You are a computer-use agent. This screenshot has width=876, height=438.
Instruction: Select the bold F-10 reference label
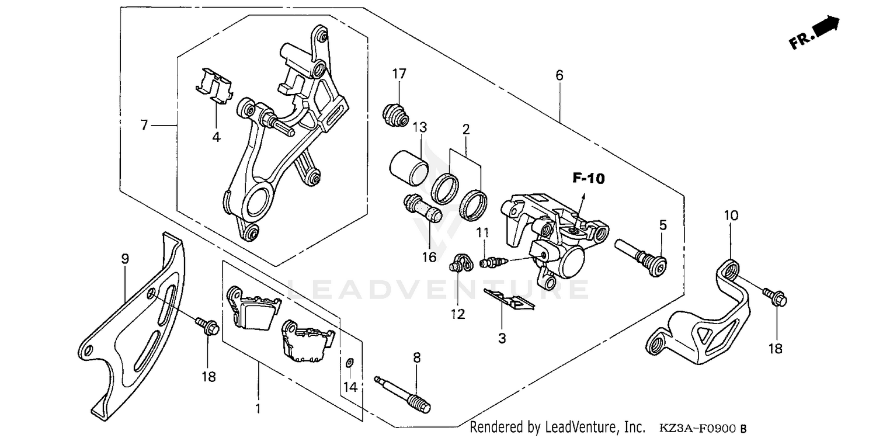pos(588,179)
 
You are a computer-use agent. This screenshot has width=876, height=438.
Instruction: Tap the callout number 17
pos(399,74)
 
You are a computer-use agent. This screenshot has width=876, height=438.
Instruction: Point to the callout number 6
pos(559,75)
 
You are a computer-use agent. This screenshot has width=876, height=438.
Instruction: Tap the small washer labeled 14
pos(349,363)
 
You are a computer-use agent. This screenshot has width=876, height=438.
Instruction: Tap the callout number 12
pos(458,314)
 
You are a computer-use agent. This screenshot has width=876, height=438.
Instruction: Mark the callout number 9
pos(124,259)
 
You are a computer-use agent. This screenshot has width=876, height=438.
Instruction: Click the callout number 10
pos(731,215)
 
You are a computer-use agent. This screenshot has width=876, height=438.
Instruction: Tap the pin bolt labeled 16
pos(424,211)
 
